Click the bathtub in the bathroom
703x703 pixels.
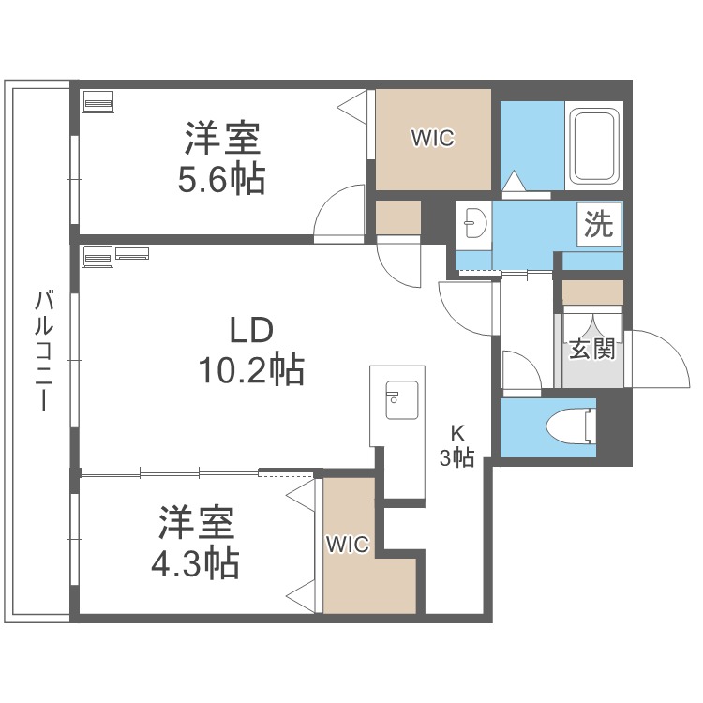click(x=593, y=146)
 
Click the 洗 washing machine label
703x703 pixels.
click(x=599, y=224)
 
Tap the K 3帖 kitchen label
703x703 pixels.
click(x=458, y=445)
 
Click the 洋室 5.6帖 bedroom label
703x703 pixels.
click(x=221, y=157)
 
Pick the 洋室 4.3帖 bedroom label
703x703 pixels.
click(x=196, y=544)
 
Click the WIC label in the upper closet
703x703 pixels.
click(x=432, y=139)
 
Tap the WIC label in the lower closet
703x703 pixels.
click(x=348, y=545)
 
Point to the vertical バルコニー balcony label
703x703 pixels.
click(x=42, y=351)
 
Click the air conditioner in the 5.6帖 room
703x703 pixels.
click(x=98, y=101)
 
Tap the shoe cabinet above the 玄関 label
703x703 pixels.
click(x=592, y=292)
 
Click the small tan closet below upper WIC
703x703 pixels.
click(x=398, y=217)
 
